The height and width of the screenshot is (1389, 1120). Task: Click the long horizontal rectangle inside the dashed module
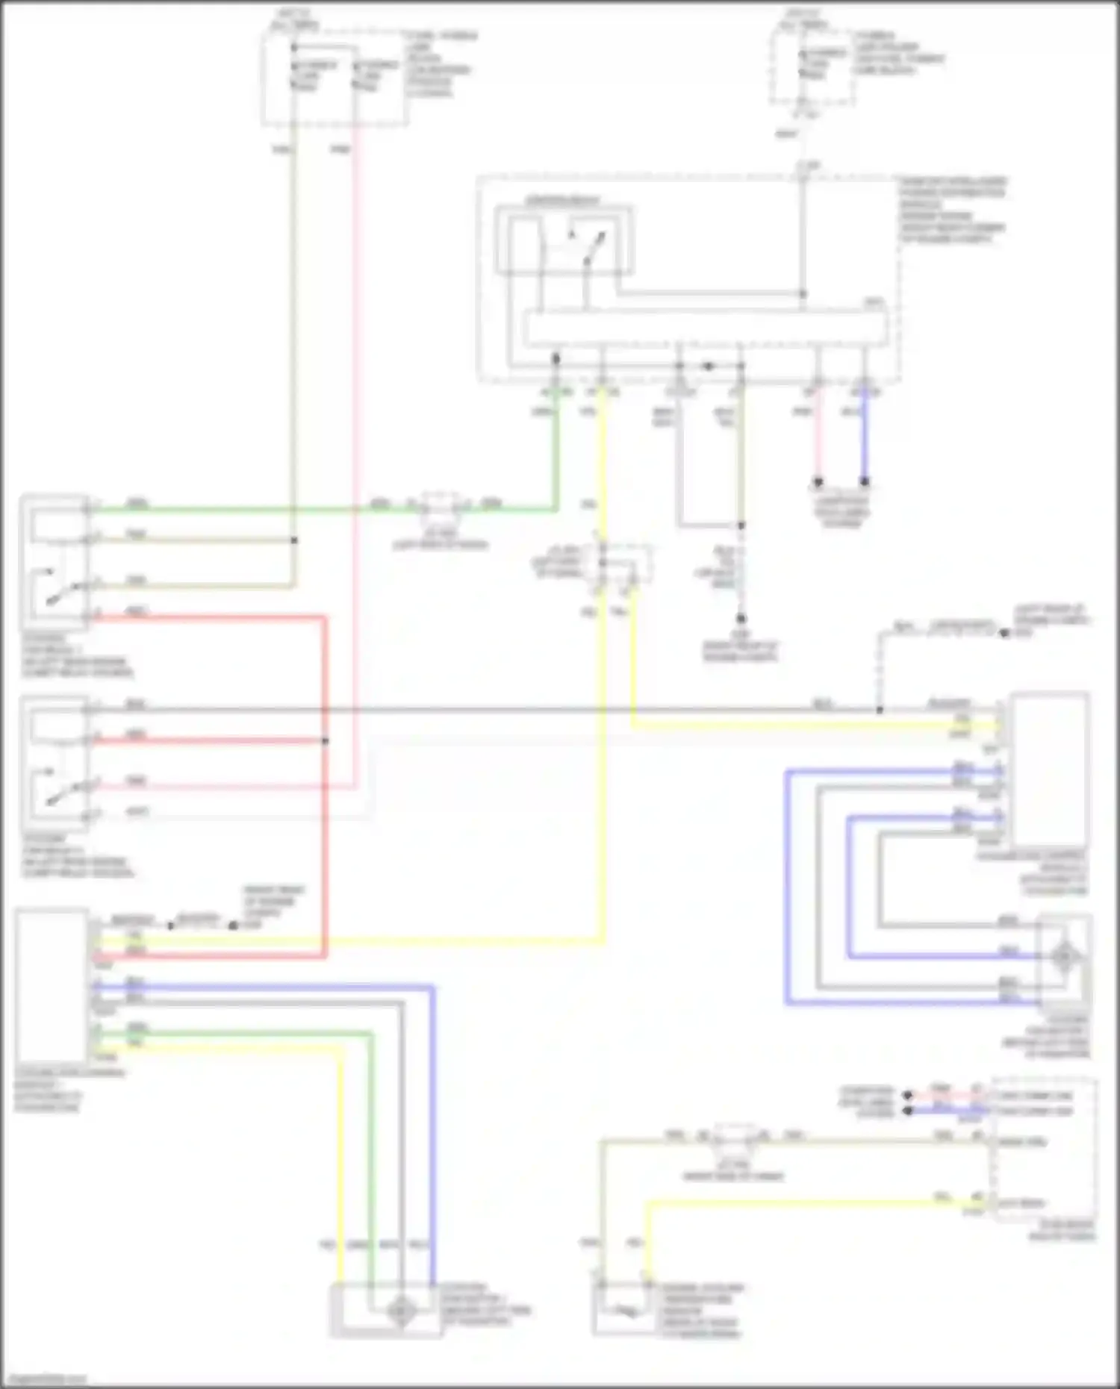click(706, 328)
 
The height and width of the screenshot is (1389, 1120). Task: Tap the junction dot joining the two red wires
click(325, 741)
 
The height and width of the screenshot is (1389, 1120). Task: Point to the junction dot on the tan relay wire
click(294, 540)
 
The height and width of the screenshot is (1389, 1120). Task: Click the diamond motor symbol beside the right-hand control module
click(1065, 956)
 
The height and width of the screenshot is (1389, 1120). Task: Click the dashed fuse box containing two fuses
click(335, 78)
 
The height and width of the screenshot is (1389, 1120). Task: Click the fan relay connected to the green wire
click(56, 562)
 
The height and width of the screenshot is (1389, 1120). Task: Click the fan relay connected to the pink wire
click(56, 764)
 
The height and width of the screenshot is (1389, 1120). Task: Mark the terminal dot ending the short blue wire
click(865, 482)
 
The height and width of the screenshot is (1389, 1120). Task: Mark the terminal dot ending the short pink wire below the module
click(818, 482)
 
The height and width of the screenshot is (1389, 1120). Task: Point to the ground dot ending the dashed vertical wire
click(741, 619)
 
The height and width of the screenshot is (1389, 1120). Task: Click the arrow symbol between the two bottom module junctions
click(709, 366)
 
